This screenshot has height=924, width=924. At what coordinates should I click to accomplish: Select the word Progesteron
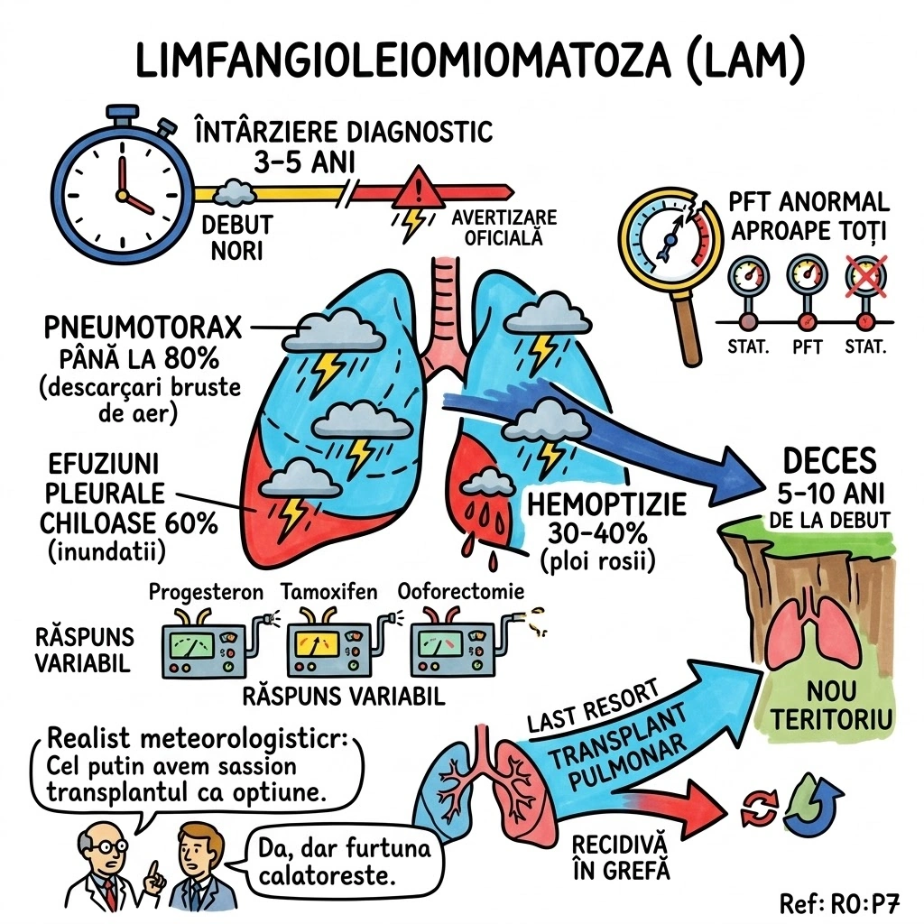click(206, 592)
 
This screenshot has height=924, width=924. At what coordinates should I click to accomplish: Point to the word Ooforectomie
click(460, 592)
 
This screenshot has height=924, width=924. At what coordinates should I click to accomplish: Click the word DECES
click(830, 461)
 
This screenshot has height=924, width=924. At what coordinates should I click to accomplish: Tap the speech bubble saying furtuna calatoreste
click(346, 862)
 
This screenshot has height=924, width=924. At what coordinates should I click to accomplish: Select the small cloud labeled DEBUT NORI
click(236, 190)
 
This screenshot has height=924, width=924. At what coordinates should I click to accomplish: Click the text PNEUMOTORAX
click(143, 327)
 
